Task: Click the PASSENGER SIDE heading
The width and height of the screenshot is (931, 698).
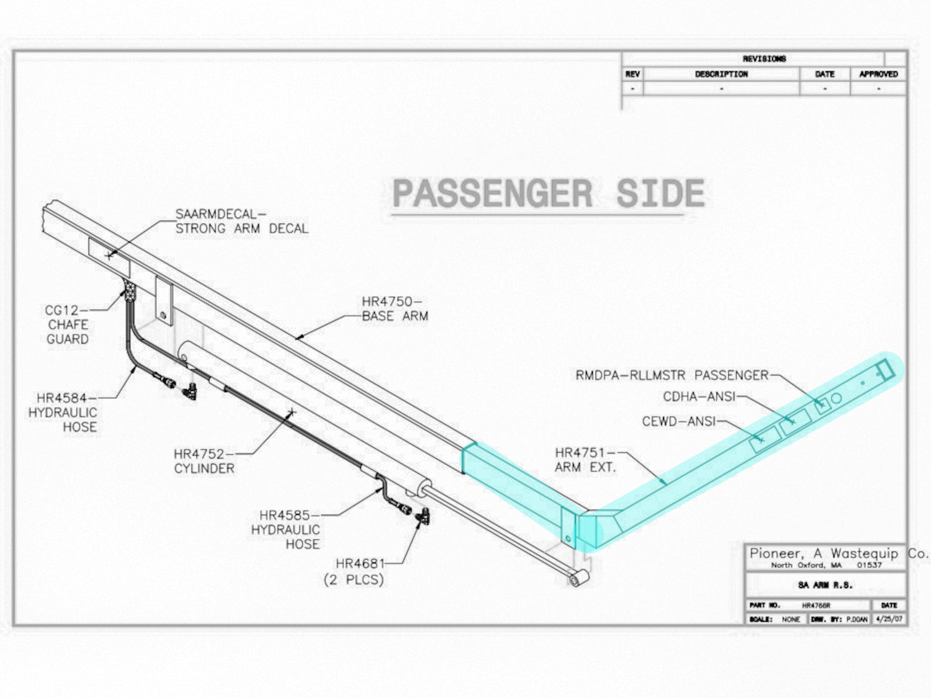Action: (549, 193)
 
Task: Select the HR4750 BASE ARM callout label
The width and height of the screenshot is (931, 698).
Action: (395, 308)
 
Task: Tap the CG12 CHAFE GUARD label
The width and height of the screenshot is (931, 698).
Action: (67, 324)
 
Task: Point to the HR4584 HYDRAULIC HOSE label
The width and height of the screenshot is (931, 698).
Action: (63, 413)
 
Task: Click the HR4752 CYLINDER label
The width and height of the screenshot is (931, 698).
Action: (204, 461)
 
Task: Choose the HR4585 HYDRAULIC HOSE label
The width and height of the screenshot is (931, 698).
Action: (285, 529)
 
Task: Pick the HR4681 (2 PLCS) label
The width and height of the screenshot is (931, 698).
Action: (354, 571)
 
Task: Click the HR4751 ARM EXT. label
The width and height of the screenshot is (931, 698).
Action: (585, 460)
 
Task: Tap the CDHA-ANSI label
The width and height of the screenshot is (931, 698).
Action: (699, 396)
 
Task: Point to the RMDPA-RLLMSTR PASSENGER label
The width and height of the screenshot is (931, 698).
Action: (672, 375)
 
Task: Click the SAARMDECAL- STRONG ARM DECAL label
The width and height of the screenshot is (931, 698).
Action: (242, 221)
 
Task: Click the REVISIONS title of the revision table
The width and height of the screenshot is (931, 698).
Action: (764, 59)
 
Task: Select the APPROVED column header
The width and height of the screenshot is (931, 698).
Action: (878, 74)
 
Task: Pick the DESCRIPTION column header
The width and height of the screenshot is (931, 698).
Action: (721, 74)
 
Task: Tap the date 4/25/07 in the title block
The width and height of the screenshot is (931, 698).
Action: (889, 619)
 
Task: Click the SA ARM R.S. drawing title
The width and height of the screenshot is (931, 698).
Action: (825, 585)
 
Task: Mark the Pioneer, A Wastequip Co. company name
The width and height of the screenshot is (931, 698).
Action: (839, 553)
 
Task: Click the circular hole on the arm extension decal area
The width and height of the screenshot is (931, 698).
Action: (836, 398)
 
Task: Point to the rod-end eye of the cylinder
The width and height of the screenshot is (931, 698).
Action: (575, 579)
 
